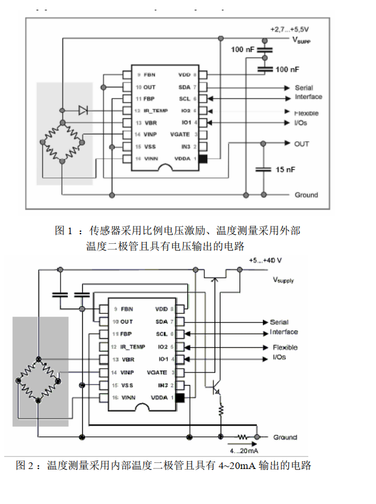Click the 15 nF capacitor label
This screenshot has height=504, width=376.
pyautogui.click(x=285, y=170)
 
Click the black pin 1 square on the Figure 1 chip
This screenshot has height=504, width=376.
pyautogui.click(x=203, y=159)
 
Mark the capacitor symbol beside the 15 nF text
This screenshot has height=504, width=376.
pyautogui.click(x=263, y=170)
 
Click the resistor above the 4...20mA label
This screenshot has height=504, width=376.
pyautogui.click(x=242, y=436)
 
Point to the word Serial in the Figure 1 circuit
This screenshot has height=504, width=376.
pyautogui.click(x=303, y=88)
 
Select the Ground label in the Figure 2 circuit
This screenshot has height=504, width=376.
pyautogui.click(x=285, y=437)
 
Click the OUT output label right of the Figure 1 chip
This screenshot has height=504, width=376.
pyautogui.click(x=302, y=144)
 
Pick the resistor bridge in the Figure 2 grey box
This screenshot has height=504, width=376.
pyautogui.click(x=39, y=378)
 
